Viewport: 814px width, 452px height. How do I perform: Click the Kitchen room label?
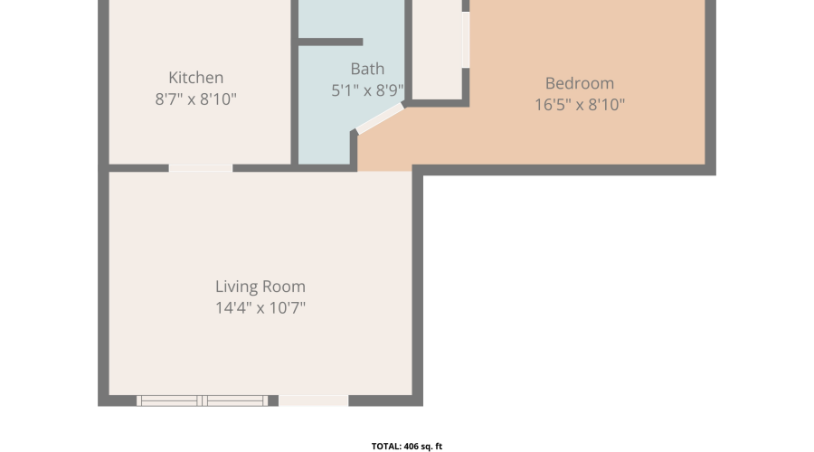(x=195, y=78)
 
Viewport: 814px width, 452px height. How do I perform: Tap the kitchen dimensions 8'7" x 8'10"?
(x=195, y=99)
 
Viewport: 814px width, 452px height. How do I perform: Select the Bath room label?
(x=367, y=69)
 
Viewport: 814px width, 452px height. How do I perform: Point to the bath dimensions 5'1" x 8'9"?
(x=367, y=90)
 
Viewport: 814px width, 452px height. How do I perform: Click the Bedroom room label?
(x=580, y=83)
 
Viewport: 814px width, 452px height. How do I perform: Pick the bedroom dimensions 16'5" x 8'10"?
(x=580, y=104)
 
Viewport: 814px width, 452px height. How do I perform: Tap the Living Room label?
(x=260, y=287)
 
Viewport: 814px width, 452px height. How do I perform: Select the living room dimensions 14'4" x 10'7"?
(x=260, y=307)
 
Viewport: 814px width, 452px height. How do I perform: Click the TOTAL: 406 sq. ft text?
(x=406, y=447)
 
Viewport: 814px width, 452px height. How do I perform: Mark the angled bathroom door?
(x=380, y=118)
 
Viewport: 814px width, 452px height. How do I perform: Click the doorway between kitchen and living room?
(x=201, y=168)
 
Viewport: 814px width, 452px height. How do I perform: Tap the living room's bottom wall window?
(x=203, y=400)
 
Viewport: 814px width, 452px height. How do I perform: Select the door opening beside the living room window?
(x=313, y=400)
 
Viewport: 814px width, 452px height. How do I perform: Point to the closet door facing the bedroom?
(x=466, y=40)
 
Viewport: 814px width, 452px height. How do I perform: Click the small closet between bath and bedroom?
(x=437, y=50)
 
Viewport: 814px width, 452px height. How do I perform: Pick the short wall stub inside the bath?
(x=331, y=42)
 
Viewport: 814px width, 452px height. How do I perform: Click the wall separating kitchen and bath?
(x=294, y=83)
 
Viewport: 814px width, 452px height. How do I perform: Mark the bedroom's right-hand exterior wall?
(x=710, y=86)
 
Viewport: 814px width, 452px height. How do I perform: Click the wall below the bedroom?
(x=564, y=170)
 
